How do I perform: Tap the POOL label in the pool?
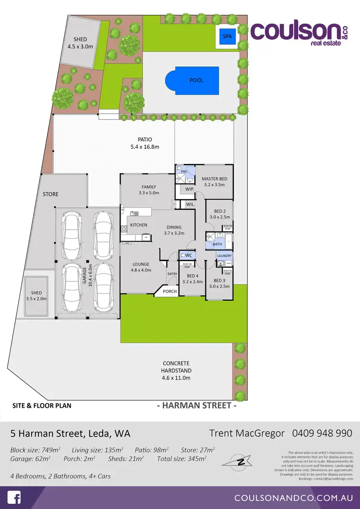pyautogui.click(x=196, y=80)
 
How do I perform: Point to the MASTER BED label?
pyautogui.click(x=214, y=182)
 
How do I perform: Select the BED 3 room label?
pyautogui.click(x=219, y=283)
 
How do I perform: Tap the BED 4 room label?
pyautogui.click(x=192, y=279)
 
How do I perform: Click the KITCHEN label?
pyautogui.click(x=139, y=225)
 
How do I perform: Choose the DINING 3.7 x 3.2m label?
pyautogui.click(x=175, y=230)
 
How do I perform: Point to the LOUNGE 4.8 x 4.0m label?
pyautogui.click(x=141, y=267)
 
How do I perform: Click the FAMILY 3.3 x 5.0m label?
pyautogui.click(x=149, y=190)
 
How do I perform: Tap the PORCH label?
pyautogui.click(x=169, y=291)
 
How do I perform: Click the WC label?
pyautogui.click(x=188, y=255)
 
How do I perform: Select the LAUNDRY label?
pyautogui.click(x=224, y=256)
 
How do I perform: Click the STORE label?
pyautogui.click(x=50, y=194)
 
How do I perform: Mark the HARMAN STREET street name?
pyautogui.click(x=197, y=405)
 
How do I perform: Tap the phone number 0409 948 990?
pyautogui.click(x=322, y=433)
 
